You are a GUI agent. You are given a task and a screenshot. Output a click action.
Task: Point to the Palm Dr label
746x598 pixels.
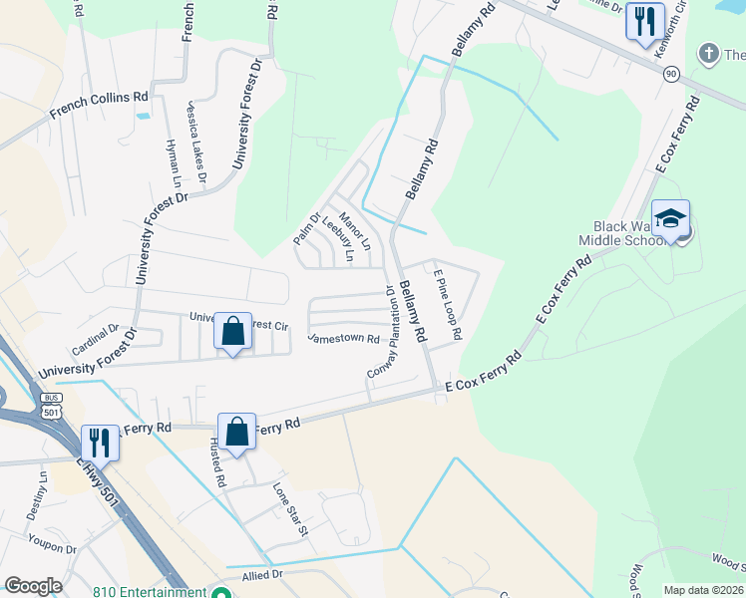305,229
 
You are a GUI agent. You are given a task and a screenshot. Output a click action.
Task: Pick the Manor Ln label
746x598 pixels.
354,230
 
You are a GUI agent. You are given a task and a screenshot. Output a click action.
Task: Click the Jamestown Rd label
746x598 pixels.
344,339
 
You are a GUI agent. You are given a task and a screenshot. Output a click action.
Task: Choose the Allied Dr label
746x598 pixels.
262,576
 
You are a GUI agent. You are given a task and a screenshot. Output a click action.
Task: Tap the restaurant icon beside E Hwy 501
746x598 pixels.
99,442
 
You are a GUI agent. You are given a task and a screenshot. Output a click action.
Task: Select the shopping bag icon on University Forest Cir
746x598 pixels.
232,332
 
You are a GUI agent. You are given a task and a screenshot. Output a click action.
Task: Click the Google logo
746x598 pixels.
33,586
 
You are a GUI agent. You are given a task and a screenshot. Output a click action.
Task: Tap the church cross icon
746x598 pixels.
709,53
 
